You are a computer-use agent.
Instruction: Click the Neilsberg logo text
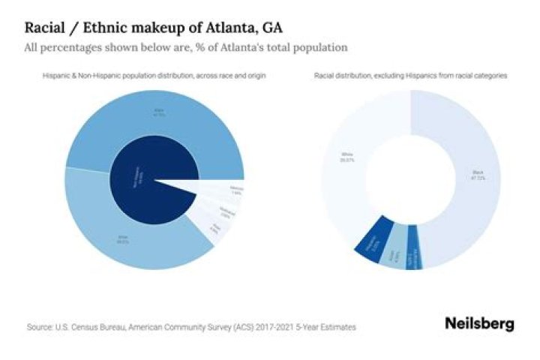[479, 324]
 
